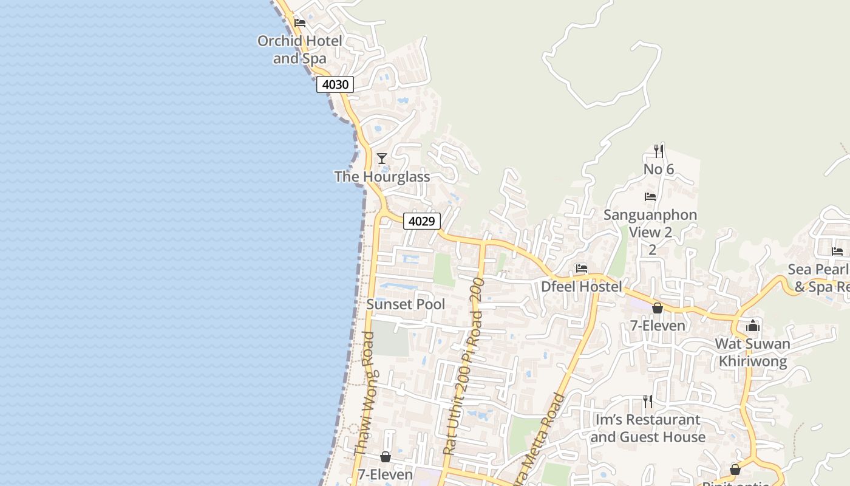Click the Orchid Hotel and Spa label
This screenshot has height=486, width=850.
[300, 50]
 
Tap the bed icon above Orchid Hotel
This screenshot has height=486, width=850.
[300, 23]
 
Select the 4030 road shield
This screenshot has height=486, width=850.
[335, 84]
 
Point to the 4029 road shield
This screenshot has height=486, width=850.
[421, 221]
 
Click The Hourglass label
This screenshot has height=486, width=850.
[382, 177]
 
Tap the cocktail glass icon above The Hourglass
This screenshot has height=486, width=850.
[382, 159]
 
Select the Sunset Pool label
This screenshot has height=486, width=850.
[406, 304]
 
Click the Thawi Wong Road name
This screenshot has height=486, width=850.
[364, 394]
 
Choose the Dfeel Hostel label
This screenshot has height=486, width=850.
[582, 286]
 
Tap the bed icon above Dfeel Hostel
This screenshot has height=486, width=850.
[582, 268]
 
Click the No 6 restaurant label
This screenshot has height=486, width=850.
[659, 169]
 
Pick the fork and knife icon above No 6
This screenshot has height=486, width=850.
[659, 151]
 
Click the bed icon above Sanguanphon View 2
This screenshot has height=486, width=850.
[650, 197]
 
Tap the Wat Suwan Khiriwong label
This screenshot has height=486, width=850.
[753, 352]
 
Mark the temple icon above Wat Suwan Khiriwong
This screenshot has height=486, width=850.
[753, 326]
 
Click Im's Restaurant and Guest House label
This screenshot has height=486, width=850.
[648, 428]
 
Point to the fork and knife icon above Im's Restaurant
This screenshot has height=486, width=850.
[648, 401]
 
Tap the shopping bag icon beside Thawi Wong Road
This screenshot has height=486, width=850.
[386, 457]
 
